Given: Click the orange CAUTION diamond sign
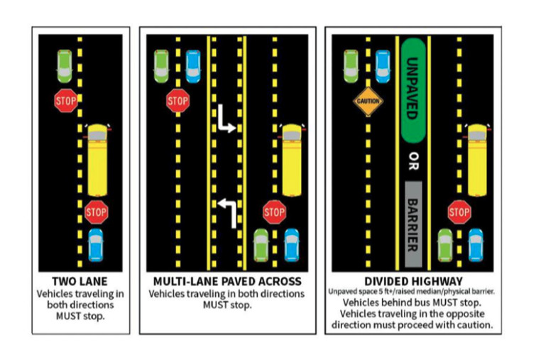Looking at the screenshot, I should point(368,101).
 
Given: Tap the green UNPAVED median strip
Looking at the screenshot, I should point(413,89).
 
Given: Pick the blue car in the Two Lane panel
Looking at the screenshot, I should point(96,244).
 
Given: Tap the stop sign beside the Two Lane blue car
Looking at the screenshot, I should point(96,211).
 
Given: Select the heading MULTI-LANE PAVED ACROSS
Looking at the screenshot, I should point(227,281).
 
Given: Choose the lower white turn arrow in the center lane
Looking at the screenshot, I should point(226,212).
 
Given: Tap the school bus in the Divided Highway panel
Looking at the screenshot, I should point(477,160).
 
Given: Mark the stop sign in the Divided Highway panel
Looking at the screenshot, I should point(459,211).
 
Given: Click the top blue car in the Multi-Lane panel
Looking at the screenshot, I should point(192,66).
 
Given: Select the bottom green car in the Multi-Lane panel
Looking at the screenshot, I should point(261,244).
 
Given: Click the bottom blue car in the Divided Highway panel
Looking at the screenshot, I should point(476,244).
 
